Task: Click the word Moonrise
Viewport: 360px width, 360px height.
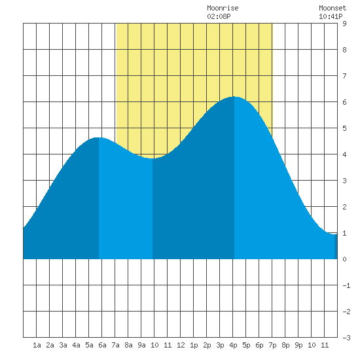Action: point(223,8)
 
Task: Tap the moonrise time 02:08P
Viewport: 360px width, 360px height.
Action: point(219,16)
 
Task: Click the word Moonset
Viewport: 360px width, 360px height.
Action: point(333,8)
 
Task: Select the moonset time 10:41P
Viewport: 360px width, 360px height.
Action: point(331,16)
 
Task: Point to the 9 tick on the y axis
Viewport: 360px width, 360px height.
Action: point(344,24)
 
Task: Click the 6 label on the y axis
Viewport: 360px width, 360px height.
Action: point(344,102)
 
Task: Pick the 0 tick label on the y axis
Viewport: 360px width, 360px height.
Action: point(344,259)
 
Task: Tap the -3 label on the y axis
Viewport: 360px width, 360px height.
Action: point(346,338)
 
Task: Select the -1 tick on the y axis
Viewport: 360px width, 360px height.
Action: point(346,285)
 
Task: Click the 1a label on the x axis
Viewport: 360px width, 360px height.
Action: point(37,345)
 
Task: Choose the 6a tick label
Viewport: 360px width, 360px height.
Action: point(102,345)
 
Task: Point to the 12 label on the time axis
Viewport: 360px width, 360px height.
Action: point(181,345)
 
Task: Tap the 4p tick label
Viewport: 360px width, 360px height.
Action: point(233,345)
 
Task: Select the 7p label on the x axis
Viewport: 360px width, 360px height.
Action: point(272,345)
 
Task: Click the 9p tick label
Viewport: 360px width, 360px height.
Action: point(298,345)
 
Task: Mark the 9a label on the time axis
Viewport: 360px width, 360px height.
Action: point(141,345)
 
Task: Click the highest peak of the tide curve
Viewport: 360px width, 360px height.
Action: point(234,97)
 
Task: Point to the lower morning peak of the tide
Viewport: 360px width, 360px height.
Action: point(98,137)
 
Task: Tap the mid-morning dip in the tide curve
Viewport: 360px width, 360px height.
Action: point(153,158)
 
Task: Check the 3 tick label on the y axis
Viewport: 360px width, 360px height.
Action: point(344,181)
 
